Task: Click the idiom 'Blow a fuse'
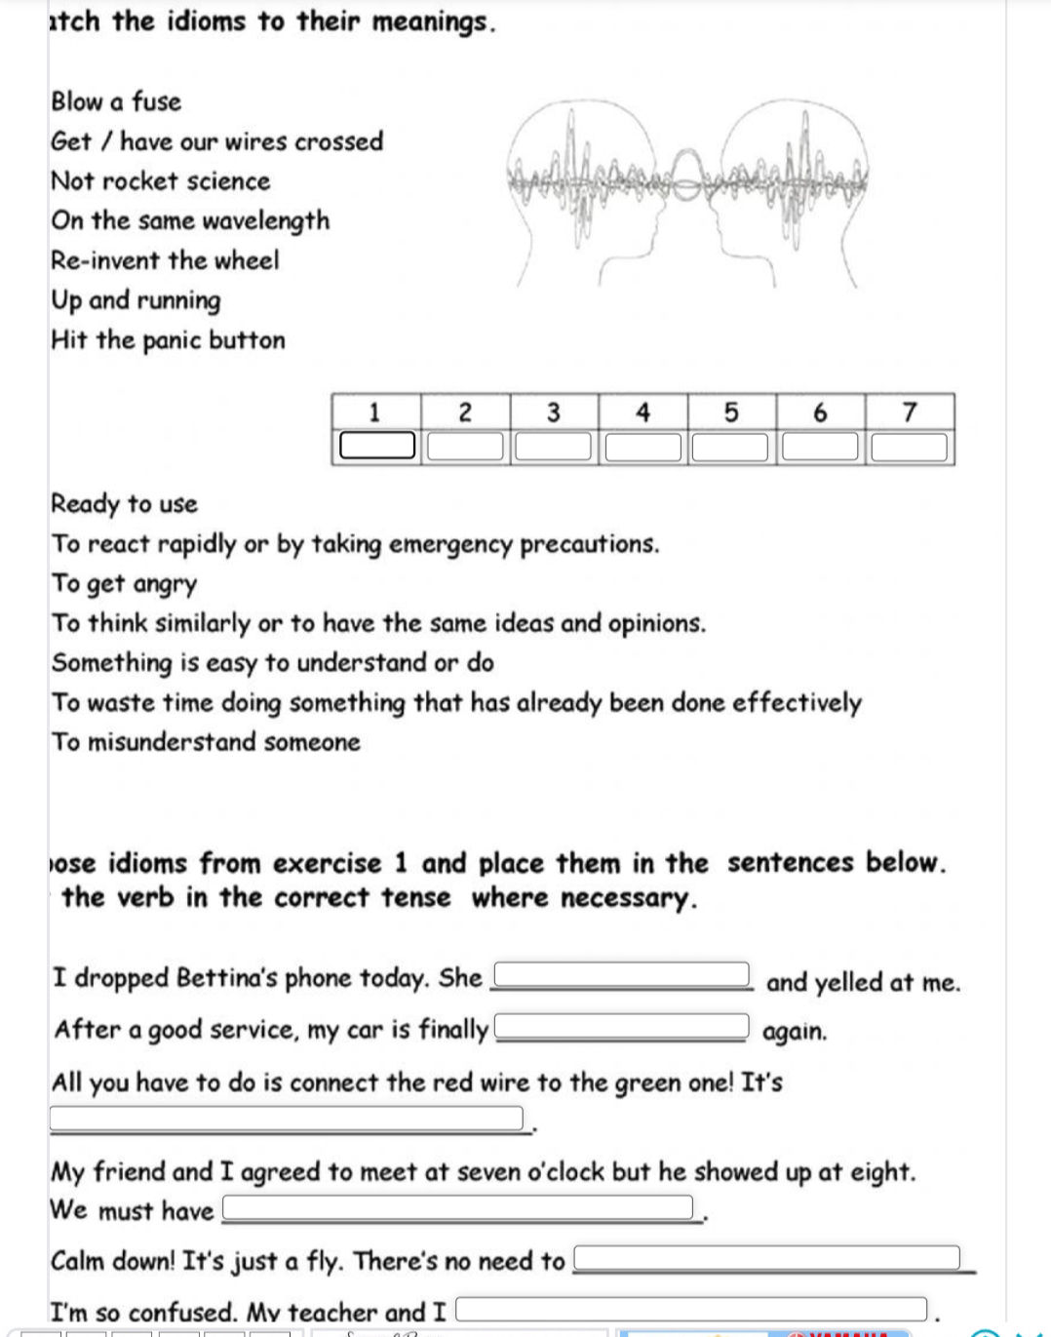[x=116, y=101]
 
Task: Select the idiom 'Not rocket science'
[x=161, y=181]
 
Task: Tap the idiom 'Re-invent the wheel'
[x=165, y=260]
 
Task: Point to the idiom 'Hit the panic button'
[x=168, y=340]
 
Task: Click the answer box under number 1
[x=377, y=447]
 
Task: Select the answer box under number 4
[x=643, y=447]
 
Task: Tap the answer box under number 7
[x=910, y=447]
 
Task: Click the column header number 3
[x=554, y=413]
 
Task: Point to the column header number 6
[x=820, y=413]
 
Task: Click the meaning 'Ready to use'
[x=124, y=504]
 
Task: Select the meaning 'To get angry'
[x=124, y=584]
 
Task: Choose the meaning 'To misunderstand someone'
[x=206, y=742]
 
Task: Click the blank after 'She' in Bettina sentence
[x=624, y=974]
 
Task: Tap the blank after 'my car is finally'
[x=624, y=1027]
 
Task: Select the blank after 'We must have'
[x=458, y=1208]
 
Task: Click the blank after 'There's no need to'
[x=767, y=1258]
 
